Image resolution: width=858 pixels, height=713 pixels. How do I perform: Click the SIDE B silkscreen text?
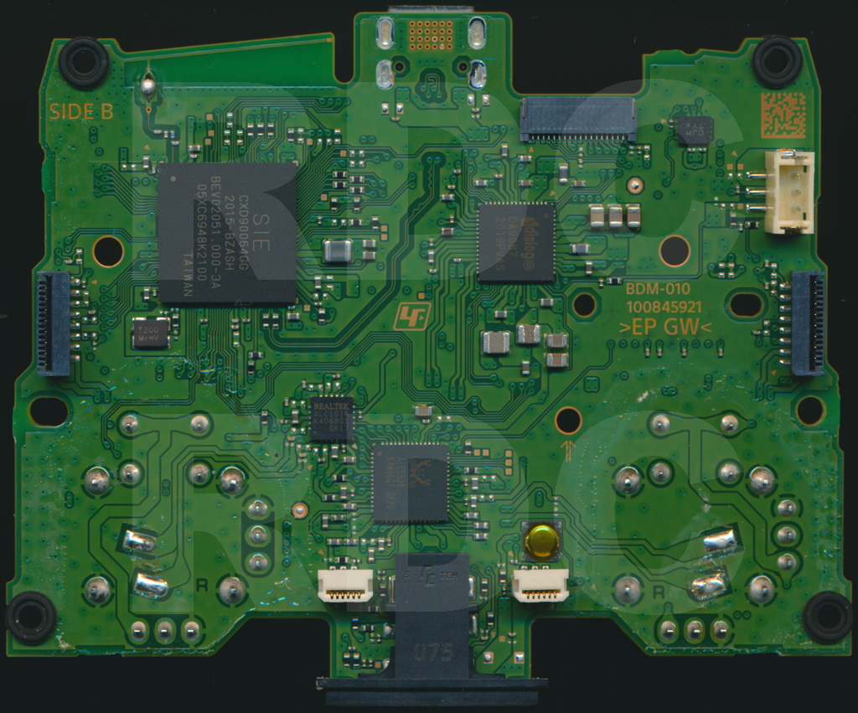pos(81,111)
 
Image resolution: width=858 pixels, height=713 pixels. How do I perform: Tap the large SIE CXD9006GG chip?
pos(226,232)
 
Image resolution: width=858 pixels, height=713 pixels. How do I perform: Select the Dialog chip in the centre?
pos(516,241)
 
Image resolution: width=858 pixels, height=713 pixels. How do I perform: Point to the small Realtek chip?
pos(331,419)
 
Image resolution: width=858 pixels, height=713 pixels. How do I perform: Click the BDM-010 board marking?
pos(658,289)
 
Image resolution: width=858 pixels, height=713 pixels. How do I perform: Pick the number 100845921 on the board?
pos(664,307)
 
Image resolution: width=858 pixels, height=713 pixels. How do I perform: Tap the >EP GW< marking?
pos(665,328)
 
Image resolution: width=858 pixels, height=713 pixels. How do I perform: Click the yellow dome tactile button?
pos(540,541)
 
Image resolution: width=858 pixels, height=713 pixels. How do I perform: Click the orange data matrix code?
pos(783,115)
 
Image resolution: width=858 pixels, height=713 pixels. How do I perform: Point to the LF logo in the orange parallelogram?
pos(411,315)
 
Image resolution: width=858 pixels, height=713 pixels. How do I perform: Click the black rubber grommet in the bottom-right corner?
pos(828,616)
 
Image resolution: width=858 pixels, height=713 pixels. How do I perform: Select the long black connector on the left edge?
pos(54,323)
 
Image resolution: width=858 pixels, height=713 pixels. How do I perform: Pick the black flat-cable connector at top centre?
pos(577,119)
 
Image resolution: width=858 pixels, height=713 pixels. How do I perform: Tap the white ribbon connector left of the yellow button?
pos(345,585)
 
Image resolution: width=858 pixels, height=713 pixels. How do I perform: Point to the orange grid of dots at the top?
pos(431,34)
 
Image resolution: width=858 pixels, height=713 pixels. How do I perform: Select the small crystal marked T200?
pos(151,333)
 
